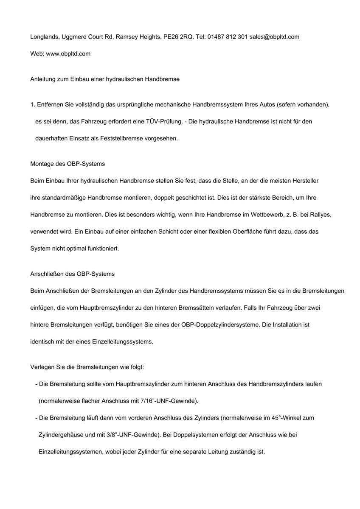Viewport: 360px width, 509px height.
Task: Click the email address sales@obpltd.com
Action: pos(274,37)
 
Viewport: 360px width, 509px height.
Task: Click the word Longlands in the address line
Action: pos(44,37)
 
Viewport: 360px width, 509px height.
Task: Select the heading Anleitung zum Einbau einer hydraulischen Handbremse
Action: pos(105,79)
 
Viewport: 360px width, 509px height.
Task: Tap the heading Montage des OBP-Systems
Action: pos(67,164)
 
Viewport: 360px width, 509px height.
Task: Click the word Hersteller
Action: pos(304,181)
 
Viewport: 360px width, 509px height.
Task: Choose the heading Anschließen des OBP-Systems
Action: pos(72,274)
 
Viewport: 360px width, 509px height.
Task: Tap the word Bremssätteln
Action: pos(225,308)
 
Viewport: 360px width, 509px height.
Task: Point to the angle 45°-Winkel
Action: pos(278,418)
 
